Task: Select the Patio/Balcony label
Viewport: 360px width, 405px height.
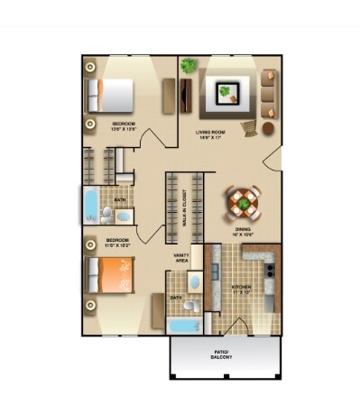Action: point(222,354)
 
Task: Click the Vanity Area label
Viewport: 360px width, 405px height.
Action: point(181,257)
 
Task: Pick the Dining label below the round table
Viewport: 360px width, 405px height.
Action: point(243,231)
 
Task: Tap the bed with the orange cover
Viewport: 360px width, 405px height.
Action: point(108,272)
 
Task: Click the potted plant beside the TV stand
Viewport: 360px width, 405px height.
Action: point(188,66)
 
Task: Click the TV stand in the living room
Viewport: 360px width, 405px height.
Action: point(186,95)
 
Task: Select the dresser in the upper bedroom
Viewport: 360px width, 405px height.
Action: point(167,95)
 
